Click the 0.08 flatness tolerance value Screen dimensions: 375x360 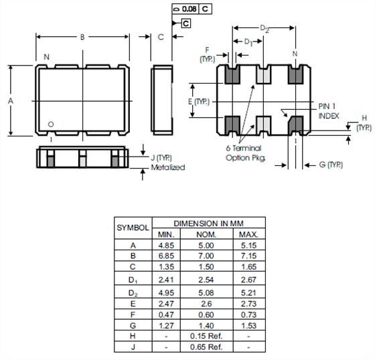pos(189,9)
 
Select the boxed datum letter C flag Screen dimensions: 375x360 pos(186,23)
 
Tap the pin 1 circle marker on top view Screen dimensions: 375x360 pos(51,124)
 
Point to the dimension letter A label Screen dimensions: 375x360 pos(11,101)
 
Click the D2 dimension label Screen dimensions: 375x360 pos(265,29)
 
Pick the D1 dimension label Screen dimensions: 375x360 pos(248,42)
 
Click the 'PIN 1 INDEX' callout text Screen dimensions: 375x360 pos(329,111)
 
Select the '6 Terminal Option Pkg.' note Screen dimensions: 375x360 pos(245,153)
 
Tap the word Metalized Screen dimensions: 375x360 pos(168,167)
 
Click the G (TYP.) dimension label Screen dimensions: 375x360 pos(331,165)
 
